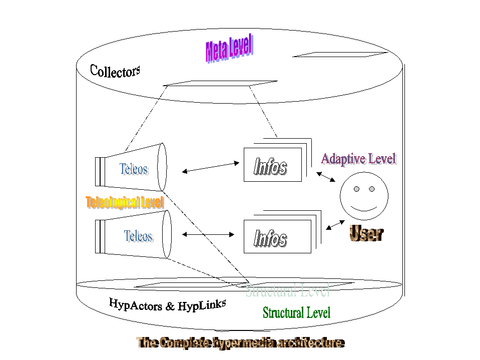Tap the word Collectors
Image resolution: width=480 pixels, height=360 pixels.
tap(115, 71)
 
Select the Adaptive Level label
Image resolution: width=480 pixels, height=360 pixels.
tap(358, 159)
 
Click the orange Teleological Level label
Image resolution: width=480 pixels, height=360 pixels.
tap(125, 203)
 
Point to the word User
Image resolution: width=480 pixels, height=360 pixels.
tap(366, 233)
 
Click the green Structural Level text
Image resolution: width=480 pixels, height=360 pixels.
tap(296, 313)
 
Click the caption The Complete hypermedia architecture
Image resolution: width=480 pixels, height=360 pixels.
tap(240, 343)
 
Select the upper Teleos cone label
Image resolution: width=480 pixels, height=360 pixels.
tap(134, 169)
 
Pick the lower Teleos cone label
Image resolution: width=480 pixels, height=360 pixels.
tap(138, 236)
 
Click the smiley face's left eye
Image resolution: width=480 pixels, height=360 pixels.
tap(356, 189)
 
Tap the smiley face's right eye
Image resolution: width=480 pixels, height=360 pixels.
tap(372, 189)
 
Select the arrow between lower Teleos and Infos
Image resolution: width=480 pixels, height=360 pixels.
tap(208, 234)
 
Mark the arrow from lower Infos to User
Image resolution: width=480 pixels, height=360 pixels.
tap(335, 224)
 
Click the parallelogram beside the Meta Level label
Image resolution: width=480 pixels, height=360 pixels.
tap(340, 54)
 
